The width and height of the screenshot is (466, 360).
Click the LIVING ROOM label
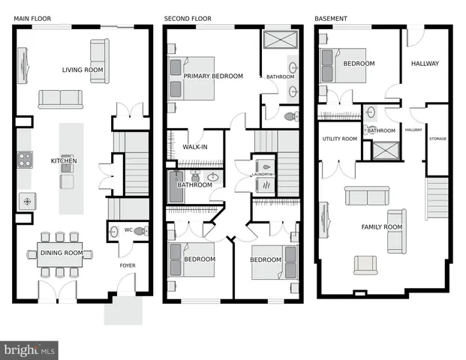click(83, 70)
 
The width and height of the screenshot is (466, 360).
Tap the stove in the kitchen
click(24, 159)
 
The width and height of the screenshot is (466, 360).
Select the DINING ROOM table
click(61, 253)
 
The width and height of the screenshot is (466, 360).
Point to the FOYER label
click(128, 265)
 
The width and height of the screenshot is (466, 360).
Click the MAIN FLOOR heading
click(34, 18)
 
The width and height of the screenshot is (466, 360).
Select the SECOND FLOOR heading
click(188, 18)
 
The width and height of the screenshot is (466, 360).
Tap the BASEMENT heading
click(331, 18)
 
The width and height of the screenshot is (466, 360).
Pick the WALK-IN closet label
click(195, 147)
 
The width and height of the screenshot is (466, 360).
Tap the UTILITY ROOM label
click(339, 139)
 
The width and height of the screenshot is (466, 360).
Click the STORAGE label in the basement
click(437, 139)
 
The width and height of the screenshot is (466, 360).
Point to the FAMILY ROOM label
click(381, 226)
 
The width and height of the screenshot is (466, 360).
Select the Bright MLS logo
click(30, 349)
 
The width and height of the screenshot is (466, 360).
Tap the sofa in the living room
click(61, 99)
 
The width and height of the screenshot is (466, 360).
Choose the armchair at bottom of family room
click(365, 265)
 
